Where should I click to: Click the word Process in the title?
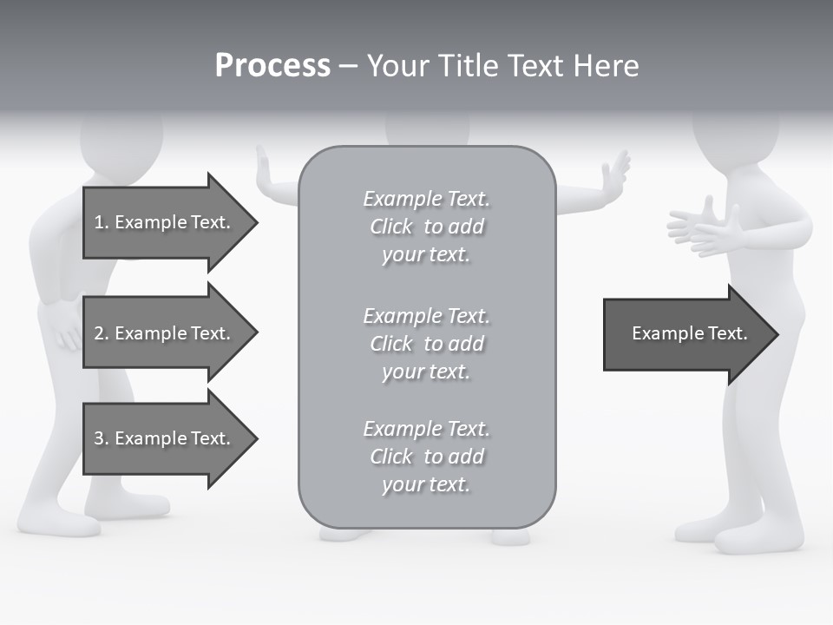(x=272, y=66)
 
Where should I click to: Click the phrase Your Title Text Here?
(x=502, y=66)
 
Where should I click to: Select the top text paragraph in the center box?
(x=426, y=227)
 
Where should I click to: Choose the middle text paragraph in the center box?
(x=426, y=343)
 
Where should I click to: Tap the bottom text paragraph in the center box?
(x=426, y=456)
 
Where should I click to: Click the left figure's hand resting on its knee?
(x=65, y=330)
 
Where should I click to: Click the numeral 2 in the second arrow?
(x=98, y=333)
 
